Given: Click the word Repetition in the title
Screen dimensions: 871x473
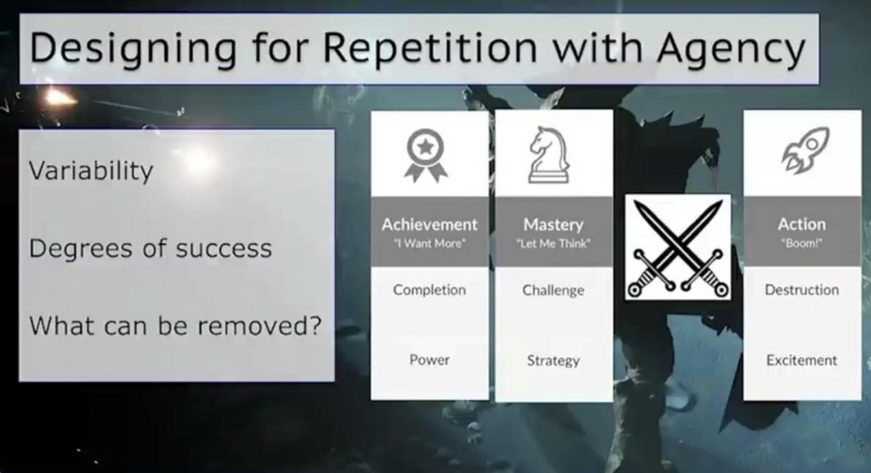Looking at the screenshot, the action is [430, 48].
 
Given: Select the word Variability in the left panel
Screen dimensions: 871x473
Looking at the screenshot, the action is [91, 170].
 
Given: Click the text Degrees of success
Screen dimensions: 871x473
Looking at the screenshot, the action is [151, 248].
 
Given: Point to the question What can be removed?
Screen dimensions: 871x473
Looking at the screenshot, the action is [175, 325].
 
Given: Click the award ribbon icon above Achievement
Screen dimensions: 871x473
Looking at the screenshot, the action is [425, 156].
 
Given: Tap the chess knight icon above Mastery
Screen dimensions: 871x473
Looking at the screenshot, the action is [549, 155].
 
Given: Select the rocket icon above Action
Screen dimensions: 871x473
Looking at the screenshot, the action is [806, 150].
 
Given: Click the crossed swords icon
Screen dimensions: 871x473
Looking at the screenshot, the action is [678, 248].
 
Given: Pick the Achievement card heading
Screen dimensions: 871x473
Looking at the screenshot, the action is [430, 225].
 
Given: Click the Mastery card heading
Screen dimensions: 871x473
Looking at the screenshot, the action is [553, 225].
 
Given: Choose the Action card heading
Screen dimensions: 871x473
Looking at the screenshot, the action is [801, 224].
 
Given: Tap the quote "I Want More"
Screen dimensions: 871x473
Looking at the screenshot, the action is [430, 243].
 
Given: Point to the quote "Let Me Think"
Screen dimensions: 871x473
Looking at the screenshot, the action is [553, 243].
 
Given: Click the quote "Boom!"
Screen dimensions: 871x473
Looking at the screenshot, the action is [801, 243].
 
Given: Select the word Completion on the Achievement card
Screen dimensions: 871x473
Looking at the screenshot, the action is [430, 290].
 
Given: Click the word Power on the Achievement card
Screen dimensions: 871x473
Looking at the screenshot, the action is [430, 360].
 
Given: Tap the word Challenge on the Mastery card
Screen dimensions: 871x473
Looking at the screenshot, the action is [553, 291].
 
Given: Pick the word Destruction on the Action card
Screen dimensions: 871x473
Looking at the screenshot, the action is [801, 290].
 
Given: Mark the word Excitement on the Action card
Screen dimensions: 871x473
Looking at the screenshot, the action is [801, 360].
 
